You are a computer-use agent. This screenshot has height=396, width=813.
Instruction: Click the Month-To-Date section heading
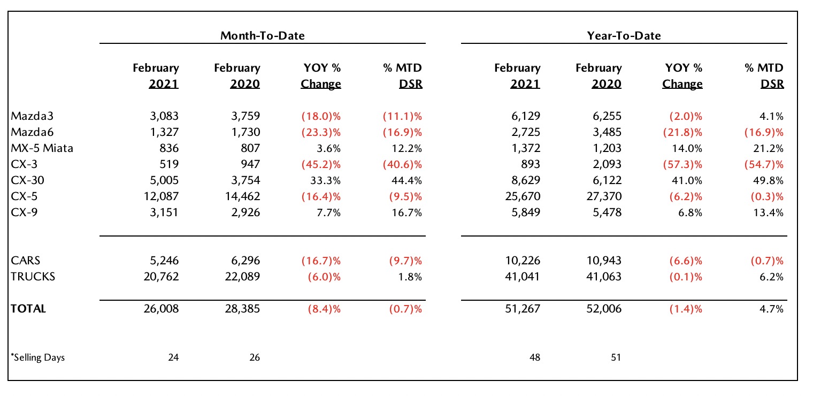point(263,35)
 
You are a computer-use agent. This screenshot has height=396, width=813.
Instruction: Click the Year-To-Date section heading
point(624,35)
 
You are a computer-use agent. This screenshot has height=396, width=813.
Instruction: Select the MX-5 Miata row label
point(42,148)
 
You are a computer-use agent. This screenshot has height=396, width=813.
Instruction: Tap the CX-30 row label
point(28,180)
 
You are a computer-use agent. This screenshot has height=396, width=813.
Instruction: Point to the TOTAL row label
point(28,309)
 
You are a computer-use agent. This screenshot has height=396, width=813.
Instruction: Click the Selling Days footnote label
point(38,357)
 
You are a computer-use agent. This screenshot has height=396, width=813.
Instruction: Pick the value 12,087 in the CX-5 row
point(161,196)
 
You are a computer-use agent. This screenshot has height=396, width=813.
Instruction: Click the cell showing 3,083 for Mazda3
point(164,116)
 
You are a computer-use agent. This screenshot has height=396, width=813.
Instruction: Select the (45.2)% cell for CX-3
point(321,164)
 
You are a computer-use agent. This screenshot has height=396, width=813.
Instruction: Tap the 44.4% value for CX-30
point(406,180)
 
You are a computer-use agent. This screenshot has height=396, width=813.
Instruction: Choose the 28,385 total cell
point(242,309)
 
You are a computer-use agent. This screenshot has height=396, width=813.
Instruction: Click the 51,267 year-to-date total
point(523,309)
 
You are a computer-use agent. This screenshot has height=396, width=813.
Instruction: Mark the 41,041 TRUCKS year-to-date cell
point(523,277)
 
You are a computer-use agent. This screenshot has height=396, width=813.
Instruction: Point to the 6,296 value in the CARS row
point(246,261)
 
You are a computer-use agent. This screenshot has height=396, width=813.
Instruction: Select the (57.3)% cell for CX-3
point(682,164)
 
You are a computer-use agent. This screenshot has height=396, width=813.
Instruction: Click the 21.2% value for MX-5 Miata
point(768,148)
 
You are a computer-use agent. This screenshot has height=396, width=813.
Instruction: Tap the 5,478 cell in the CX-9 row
point(607,212)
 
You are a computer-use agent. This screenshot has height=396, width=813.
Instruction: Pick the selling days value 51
point(616,357)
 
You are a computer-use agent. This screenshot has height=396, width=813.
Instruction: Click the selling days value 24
point(173,357)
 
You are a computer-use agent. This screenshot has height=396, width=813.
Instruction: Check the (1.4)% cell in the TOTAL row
point(686,309)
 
